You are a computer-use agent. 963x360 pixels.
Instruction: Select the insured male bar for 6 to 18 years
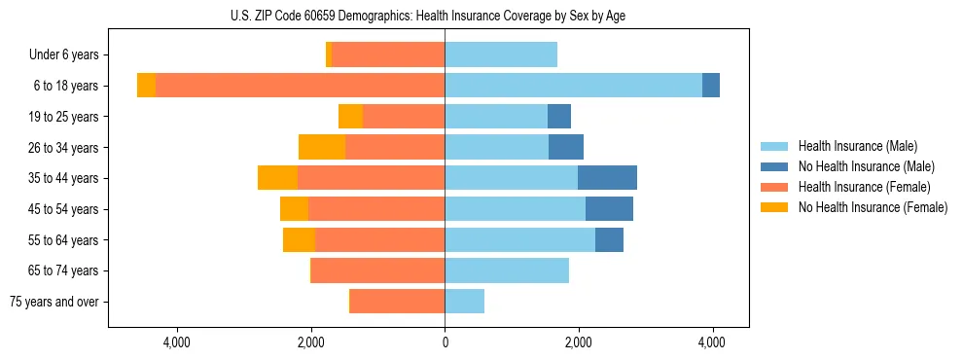click(x=573, y=86)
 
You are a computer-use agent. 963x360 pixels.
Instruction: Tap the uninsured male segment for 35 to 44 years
click(x=607, y=178)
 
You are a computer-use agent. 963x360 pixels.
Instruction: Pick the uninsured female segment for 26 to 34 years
click(x=322, y=147)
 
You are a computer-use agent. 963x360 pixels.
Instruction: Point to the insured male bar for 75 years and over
click(x=464, y=302)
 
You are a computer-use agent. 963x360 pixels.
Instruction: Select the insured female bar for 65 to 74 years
click(x=378, y=270)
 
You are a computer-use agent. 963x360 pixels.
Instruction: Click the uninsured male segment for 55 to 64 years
click(x=609, y=239)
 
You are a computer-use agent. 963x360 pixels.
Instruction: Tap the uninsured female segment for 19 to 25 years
click(x=350, y=117)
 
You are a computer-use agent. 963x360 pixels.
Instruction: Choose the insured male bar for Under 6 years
click(x=501, y=54)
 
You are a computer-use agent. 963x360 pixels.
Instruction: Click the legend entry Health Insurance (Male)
click(x=857, y=146)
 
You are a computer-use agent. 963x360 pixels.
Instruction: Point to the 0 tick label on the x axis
click(x=445, y=343)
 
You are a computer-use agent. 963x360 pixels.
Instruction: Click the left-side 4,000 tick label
click(x=177, y=343)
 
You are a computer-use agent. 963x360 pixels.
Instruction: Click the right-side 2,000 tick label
click(x=579, y=343)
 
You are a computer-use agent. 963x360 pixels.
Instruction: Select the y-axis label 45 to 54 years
click(x=63, y=209)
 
